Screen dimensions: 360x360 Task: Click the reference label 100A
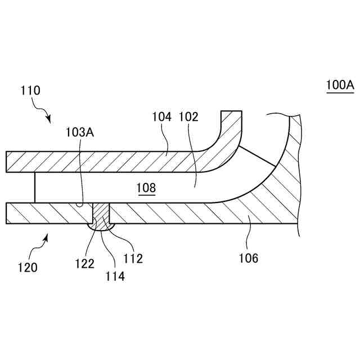click(x=339, y=85)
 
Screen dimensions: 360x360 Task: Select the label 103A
click(x=79, y=133)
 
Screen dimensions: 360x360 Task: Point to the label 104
click(x=161, y=117)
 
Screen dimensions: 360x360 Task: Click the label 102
click(x=188, y=117)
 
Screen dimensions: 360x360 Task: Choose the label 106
click(x=248, y=258)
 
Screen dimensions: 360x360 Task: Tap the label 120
click(x=27, y=267)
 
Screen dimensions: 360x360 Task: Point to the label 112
click(x=133, y=259)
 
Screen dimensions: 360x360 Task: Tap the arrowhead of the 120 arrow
click(x=48, y=237)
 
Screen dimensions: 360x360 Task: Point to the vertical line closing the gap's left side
click(x=35, y=187)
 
